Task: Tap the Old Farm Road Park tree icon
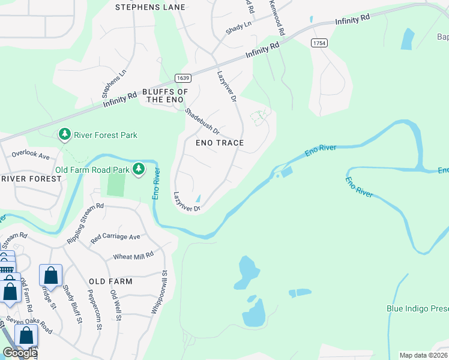pyautogui.click(x=139, y=169)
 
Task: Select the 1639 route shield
pyautogui.click(x=183, y=78)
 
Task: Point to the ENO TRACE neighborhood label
pyautogui.click(x=220, y=143)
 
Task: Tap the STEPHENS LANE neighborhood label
pyautogui.click(x=149, y=7)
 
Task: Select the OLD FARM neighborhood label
pyautogui.click(x=110, y=281)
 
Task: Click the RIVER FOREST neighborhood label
pyautogui.click(x=31, y=179)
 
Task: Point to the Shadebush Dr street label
pyautogui.click(x=202, y=121)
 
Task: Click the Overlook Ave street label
pyautogui.click(x=30, y=154)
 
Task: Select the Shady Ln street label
pyautogui.click(x=239, y=27)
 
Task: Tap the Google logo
pyautogui.click(x=20, y=353)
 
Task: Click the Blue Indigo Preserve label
pyautogui.click(x=417, y=308)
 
